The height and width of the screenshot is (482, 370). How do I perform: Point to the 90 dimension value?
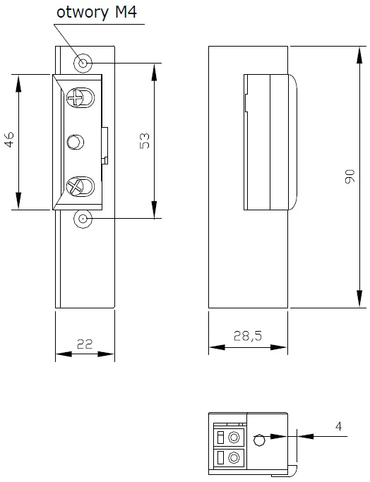click(x=349, y=176)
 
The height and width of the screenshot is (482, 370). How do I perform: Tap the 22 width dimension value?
click(x=85, y=344)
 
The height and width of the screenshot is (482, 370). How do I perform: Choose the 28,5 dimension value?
click(x=248, y=337)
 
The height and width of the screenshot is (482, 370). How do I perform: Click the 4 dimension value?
click(x=338, y=427)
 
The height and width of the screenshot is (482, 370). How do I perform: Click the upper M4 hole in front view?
click(x=84, y=64)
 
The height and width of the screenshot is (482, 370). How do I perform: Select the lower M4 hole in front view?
click(x=83, y=219)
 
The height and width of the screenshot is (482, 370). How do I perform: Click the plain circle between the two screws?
click(x=74, y=143)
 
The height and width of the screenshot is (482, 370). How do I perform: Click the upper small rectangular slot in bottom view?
click(x=220, y=435)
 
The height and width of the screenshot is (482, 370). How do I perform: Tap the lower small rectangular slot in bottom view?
click(x=220, y=458)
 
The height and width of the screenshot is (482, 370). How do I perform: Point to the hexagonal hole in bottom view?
click(x=259, y=440)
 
